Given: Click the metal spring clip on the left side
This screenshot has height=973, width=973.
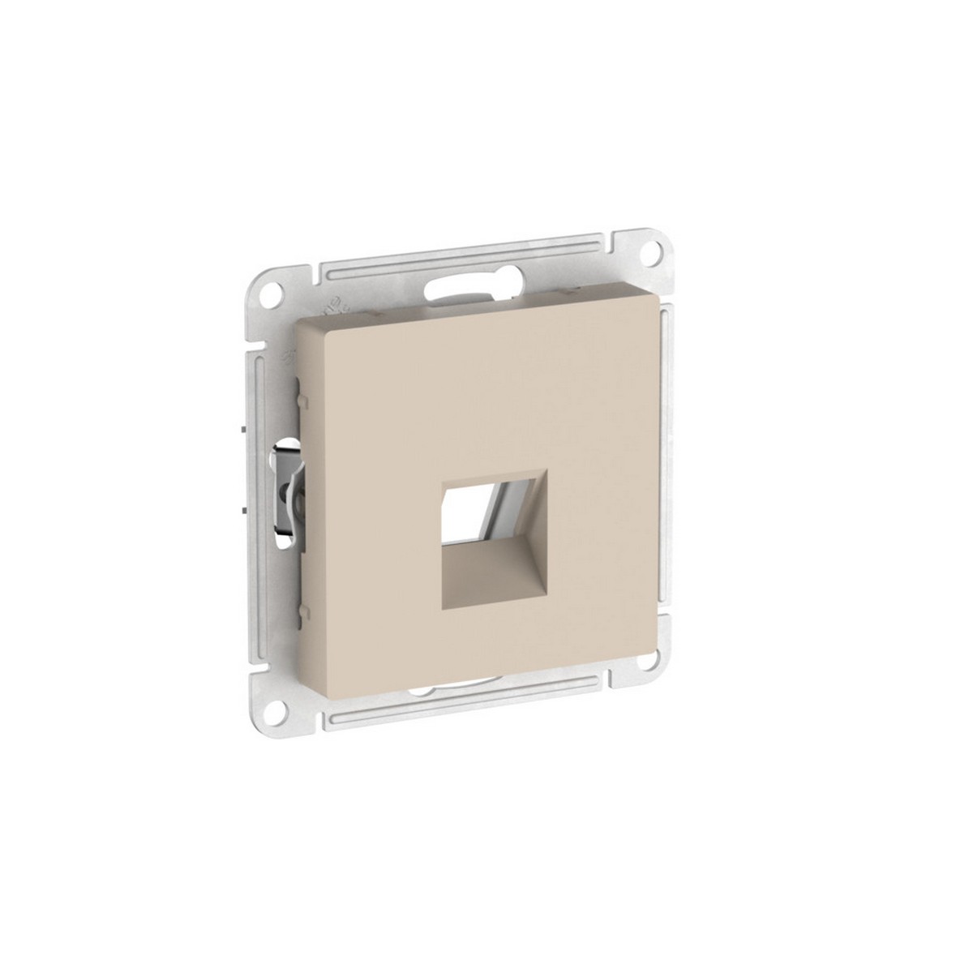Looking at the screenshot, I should click(289, 491).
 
